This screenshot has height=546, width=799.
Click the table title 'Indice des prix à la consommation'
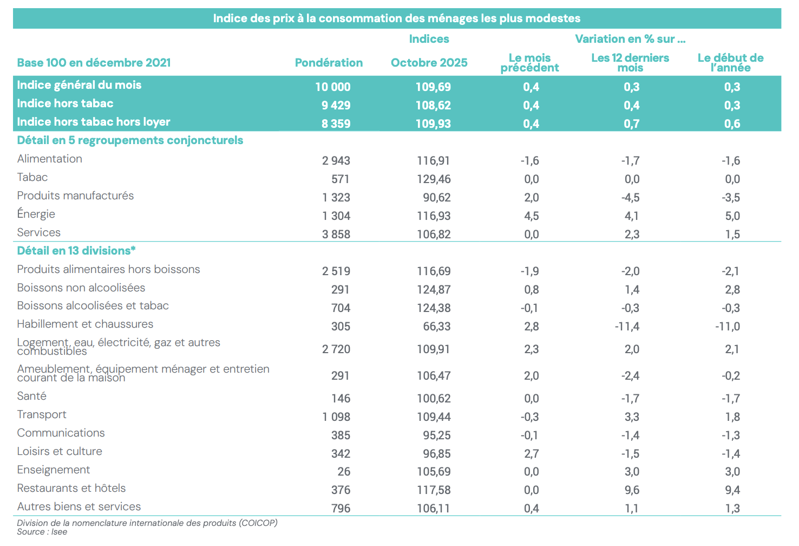point(396,18)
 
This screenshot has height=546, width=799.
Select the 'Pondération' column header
point(329,63)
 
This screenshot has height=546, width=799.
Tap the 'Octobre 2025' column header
point(429,63)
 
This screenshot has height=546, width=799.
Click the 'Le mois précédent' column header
point(529,63)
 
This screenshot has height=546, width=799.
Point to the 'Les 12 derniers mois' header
point(630,63)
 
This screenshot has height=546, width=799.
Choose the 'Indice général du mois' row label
point(79,85)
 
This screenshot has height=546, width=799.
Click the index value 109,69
point(433,87)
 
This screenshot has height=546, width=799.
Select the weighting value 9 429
point(336,106)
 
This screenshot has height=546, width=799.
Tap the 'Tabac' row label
point(32,177)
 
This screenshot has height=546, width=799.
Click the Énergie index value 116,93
point(434,216)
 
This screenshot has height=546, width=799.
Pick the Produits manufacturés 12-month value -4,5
point(630,198)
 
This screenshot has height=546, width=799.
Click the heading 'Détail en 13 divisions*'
point(76,251)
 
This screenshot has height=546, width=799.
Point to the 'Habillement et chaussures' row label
point(85,324)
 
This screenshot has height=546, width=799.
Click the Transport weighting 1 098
point(336,417)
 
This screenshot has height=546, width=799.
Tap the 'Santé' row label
point(32,396)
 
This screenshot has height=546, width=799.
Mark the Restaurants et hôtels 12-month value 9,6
point(632,490)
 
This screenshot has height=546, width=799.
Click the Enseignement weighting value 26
point(344,472)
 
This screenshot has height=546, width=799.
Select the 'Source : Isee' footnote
point(42,532)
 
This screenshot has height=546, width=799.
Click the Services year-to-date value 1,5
point(732,235)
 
